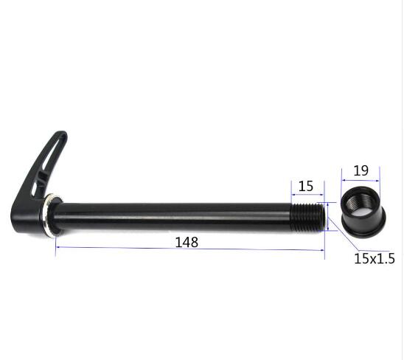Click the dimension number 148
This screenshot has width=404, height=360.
point(187,242)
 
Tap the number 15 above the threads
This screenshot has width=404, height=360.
point(307,186)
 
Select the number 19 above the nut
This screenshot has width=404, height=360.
point(361,170)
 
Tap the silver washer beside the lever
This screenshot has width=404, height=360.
point(51,216)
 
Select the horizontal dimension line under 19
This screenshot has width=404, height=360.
point(361,180)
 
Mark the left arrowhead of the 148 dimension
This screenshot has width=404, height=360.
point(58,249)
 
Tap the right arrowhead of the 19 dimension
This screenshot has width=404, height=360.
point(377,180)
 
